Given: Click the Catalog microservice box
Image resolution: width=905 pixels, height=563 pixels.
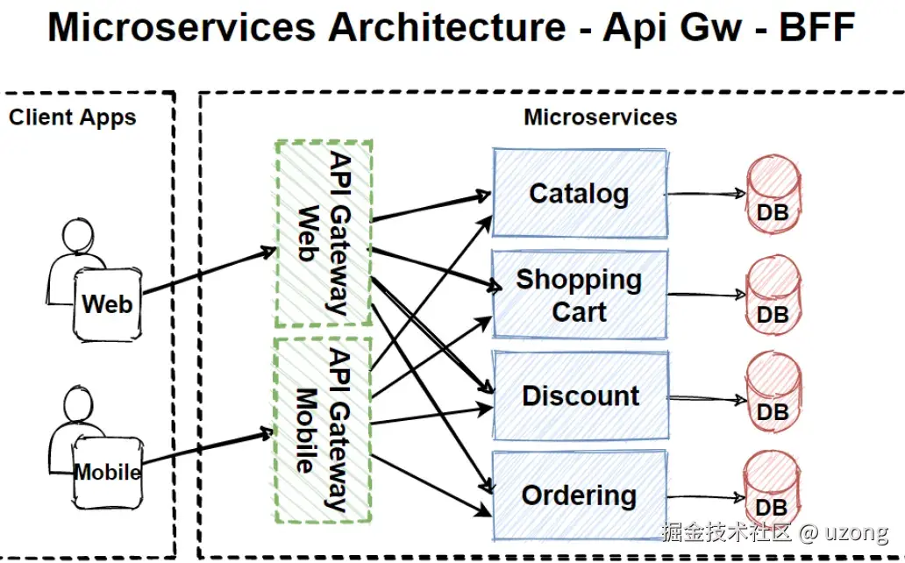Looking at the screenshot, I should [579, 193].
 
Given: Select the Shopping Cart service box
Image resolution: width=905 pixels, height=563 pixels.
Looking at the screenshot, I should [579, 295].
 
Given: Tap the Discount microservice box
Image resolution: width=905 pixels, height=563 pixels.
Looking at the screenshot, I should [579, 396].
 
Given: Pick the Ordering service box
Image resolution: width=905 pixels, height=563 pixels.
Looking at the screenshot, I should [579, 495].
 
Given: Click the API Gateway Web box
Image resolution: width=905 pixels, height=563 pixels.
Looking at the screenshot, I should [324, 232].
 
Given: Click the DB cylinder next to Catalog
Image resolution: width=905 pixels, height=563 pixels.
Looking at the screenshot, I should [773, 195].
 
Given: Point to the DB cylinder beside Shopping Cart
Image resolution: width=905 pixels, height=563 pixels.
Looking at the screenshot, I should [773, 296].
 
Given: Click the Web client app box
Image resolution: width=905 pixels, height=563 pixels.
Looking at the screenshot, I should [107, 304].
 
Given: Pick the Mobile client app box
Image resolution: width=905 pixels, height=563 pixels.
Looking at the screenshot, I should [107, 473].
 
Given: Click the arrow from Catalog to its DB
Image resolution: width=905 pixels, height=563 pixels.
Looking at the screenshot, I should [706, 195].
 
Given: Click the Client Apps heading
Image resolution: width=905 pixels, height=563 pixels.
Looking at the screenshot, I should [73, 118].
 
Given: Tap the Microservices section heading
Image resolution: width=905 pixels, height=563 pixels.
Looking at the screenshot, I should [601, 117].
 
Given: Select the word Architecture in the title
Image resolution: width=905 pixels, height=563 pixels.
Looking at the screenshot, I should [447, 28].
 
